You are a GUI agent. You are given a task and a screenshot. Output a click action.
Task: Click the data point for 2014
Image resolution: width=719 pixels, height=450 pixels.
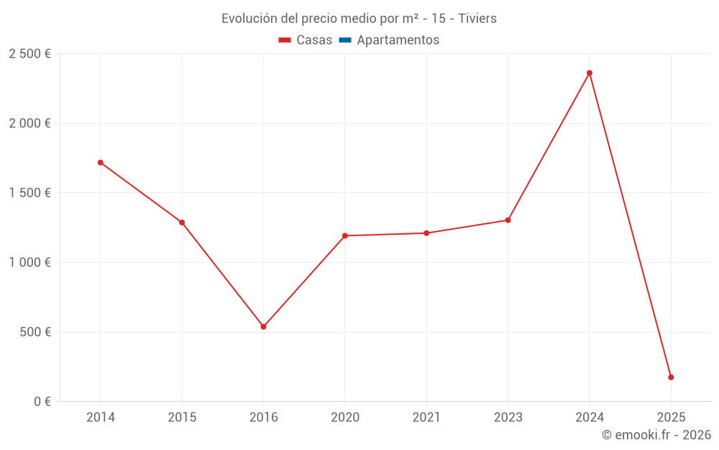[101, 163]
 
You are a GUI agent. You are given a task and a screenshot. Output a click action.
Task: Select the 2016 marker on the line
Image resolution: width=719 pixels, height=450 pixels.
[263, 327]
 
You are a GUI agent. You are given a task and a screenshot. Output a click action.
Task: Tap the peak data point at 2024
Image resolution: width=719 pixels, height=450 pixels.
[590, 73]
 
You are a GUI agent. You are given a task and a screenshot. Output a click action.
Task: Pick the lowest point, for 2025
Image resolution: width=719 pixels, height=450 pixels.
[671, 377]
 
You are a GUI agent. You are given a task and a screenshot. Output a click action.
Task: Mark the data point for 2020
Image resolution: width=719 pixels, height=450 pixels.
[345, 235]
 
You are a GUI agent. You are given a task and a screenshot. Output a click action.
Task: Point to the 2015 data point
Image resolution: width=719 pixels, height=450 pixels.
[182, 222]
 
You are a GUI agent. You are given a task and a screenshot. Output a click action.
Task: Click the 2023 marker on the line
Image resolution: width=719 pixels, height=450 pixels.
[508, 220]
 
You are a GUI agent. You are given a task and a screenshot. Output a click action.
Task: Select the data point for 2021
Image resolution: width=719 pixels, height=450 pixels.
[426, 233]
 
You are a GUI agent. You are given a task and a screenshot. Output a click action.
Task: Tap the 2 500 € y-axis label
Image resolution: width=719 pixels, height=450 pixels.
[29, 54]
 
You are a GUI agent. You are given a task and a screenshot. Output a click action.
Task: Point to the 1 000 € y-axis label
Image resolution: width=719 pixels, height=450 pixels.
[29, 263]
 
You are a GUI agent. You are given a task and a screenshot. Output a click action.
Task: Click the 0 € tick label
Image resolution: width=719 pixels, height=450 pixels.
[42, 402]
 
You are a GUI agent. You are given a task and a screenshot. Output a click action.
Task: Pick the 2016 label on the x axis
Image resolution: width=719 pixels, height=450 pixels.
[263, 418]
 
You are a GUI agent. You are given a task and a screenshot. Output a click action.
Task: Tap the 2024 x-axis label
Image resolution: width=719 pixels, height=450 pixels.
[590, 418]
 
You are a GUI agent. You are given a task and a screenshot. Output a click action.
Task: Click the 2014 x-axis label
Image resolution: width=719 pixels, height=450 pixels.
[101, 418]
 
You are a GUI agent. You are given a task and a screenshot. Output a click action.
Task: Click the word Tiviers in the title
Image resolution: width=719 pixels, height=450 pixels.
[477, 19]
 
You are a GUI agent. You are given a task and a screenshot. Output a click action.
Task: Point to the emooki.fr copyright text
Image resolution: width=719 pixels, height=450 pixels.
[656, 435]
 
